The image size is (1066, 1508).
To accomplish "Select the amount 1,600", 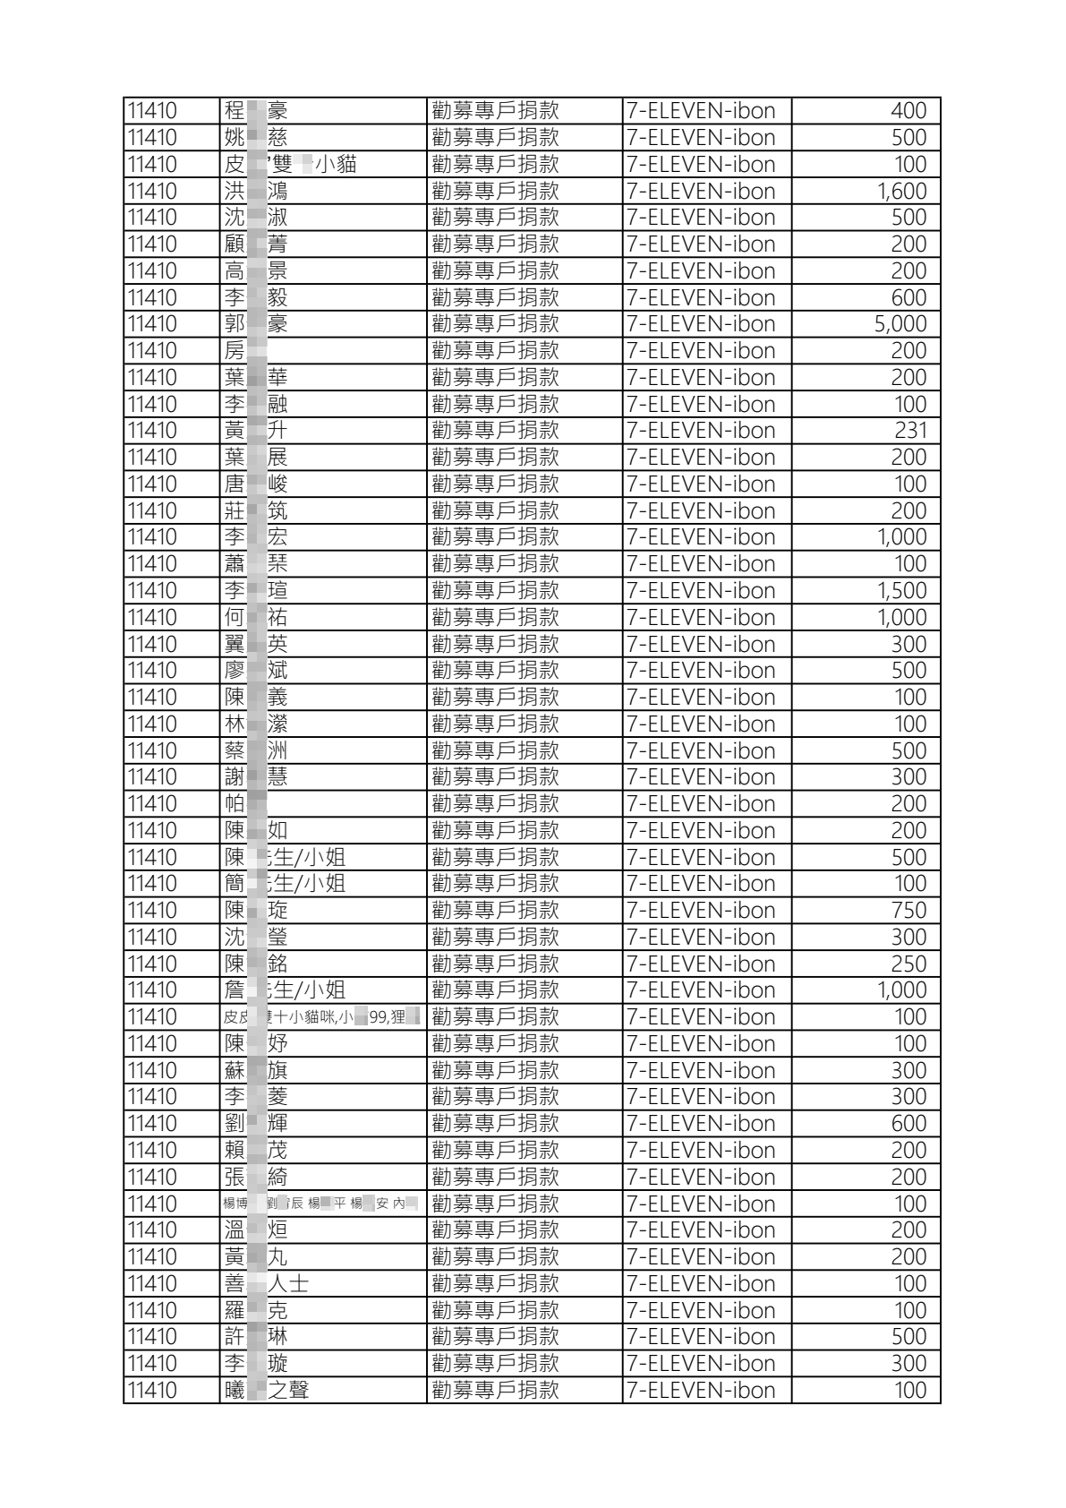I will pyautogui.click(x=901, y=191).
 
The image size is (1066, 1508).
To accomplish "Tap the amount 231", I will pyautogui.click(x=910, y=431).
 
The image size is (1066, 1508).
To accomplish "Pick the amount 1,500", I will pyautogui.click(x=901, y=591).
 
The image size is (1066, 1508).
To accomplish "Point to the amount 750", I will pyautogui.click(x=908, y=911).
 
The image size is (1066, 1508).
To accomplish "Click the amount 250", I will pyautogui.click(x=908, y=964).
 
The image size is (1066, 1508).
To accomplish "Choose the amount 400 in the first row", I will pyautogui.click(x=908, y=111).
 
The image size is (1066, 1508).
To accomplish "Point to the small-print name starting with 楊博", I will pyautogui.click(x=320, y=1204).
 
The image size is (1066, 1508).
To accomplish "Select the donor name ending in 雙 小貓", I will pyautogui.click(x=290, y=165).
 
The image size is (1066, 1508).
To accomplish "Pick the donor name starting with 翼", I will pyautogui.click(x=256, y=645).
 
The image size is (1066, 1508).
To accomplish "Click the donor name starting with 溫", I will pyautogui.click(x=256, y=1230).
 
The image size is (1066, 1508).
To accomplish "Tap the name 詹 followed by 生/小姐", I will pyautogui.click(x=285, y=990).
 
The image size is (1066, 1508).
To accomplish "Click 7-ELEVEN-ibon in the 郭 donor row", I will pyautogui.click(x=701, y=324).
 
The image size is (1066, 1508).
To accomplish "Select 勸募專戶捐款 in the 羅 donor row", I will pyautogui.click(x=495, y=1311).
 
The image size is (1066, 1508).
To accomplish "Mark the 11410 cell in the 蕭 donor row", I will pyautogui.click(x=153, y=564).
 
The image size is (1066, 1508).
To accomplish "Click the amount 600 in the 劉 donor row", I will pyautogui.click(x=908, y=1124).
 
